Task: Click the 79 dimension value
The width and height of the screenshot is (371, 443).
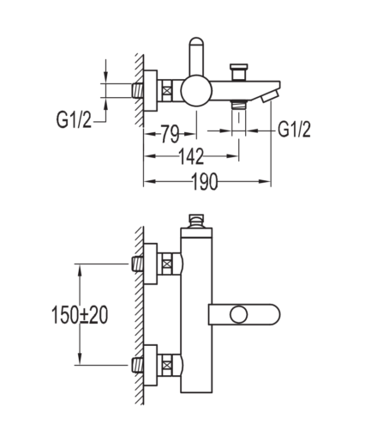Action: tap(170, 134)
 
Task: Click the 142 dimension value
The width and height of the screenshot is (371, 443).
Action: tap(191, 156)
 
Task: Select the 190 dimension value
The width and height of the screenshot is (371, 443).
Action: tap(205, 182)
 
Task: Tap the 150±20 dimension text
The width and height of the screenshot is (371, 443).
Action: tap(80, 315)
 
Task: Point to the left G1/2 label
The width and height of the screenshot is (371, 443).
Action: tap(74, 120)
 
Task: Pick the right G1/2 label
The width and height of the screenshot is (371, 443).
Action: tap(294, 130)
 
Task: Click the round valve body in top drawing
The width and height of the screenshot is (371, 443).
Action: tap(196, 90)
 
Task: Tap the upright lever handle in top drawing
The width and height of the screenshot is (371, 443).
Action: tap(196, 56)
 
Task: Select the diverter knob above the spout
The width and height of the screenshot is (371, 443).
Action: tap(239, 72)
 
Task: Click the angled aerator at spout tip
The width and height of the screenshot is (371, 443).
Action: tap(271, 95)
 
